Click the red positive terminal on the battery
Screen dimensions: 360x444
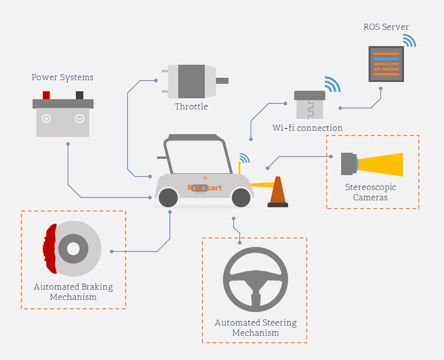tap(46, 95)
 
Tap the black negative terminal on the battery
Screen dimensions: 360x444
tap(80, 95)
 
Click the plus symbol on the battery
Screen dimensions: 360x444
tap(46, 119)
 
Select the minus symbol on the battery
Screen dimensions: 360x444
tap(80, 119)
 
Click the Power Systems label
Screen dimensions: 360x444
tap(62, 77)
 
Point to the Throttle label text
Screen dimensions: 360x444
tap(191, 107)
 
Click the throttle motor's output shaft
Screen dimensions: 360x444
tap(222, 81)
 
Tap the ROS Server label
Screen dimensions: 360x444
tap(386, 27)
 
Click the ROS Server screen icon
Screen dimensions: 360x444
tap(386, 64)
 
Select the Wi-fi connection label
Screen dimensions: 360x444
tap(307, 128)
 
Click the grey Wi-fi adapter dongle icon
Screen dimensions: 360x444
tap(309, 105)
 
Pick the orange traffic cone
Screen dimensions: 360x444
tap(278, 192)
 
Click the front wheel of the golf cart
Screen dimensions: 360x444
tap(241, 197)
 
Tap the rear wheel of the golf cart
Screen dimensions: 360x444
tap(168, 197)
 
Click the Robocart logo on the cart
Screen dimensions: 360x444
tap(205, 188)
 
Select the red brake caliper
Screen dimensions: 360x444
tap(49, 249)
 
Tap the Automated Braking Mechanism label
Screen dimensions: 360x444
tap(73, 292)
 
